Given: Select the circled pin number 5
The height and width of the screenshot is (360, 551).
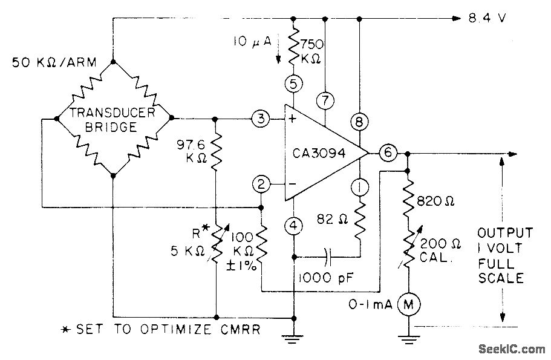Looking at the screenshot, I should pos(294,84).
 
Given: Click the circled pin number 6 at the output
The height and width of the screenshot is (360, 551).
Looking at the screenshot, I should pos(388,154).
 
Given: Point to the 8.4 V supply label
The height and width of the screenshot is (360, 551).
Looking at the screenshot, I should pos(487,18).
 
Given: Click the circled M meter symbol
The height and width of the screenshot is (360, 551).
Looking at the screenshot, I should pos(409,304).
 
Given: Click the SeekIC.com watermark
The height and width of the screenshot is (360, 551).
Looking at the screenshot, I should pos(511,349).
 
